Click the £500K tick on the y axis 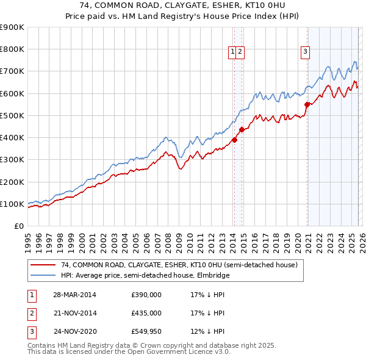pos(12,115)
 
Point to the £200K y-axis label pos(12,182)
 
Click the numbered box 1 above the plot pos(233,52)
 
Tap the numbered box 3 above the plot pos(304,52)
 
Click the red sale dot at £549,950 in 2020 pos(307,104)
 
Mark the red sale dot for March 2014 pos(234,140)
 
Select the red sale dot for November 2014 pos(242,129)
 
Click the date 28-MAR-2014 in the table pos(74,295)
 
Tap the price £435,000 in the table pos(146,313)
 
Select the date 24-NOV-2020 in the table pos(74,331)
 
